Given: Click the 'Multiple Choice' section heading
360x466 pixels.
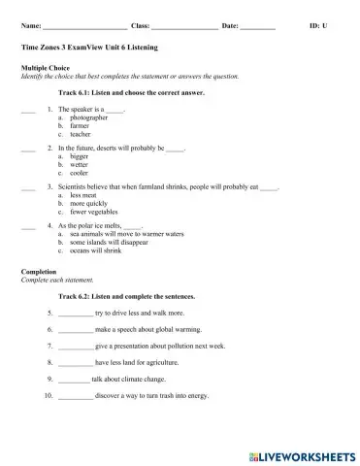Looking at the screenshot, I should point(43,67).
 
